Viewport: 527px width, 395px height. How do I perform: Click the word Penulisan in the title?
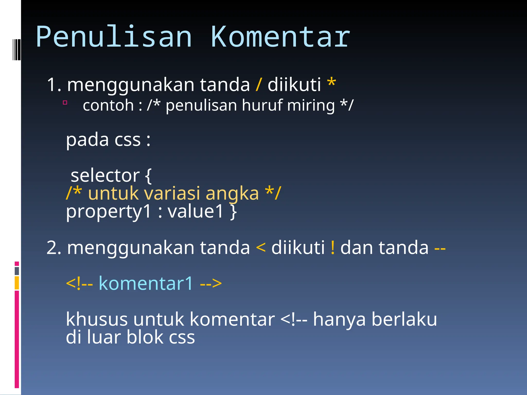[x=114, y=37]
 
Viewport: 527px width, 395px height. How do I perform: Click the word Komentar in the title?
[x=280, y=37]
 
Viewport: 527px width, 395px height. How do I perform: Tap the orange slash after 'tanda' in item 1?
[x=259, y=85]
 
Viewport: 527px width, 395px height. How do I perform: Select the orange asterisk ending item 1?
[x=331, y=83]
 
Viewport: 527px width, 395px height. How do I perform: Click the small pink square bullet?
[x=65, y=103]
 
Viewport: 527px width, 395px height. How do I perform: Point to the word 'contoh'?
[x=108, y=105]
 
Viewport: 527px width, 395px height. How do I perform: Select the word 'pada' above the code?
[x=87, y=140]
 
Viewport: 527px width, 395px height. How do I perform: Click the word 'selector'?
[x=105, y=175]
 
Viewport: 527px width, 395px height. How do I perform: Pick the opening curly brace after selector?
[x=148, y=176]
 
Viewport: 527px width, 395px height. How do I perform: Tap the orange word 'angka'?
[x=232, y=194]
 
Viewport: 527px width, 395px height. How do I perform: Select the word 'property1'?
[x=108, y=212]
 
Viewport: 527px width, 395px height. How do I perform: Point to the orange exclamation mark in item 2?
[x=333, y=248]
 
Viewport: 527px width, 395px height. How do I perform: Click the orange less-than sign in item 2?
[x=261, y=248]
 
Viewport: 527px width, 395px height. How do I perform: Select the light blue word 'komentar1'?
[x=146, y=283]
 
